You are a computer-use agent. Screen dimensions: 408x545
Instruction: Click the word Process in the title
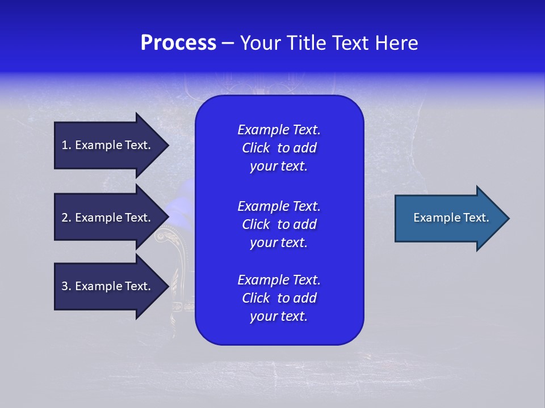178,43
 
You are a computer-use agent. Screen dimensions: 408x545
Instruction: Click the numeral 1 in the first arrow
65,145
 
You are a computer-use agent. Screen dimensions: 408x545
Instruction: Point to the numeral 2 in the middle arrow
65,218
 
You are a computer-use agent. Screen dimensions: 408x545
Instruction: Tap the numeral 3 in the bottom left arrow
65,286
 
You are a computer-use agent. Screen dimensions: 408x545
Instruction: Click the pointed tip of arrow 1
167,145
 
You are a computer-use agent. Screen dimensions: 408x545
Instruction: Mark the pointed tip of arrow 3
167,286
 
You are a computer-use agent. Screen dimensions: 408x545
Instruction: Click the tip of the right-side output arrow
508,218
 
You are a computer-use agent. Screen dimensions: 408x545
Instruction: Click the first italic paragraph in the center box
279,148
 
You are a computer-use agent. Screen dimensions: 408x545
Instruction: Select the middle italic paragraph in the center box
279,224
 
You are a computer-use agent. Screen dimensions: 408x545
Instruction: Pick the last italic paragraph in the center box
279,298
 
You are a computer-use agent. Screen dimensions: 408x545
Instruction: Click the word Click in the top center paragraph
255,148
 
